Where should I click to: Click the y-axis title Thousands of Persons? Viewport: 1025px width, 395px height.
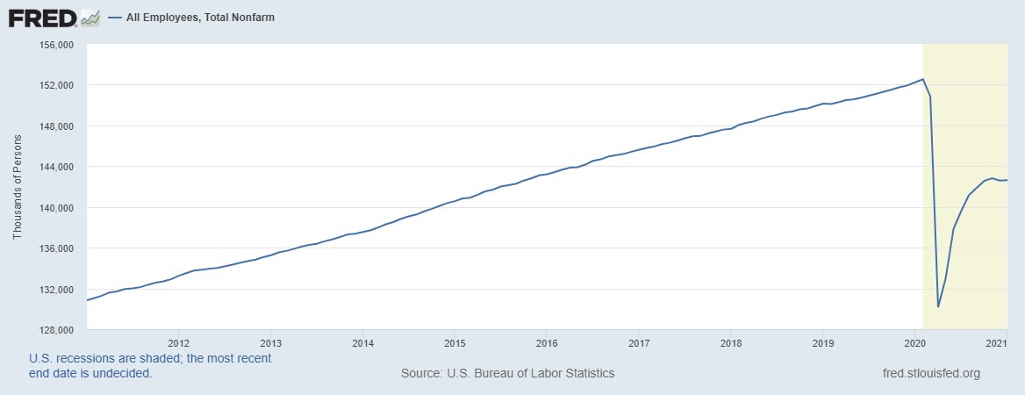click(x=18, y=186)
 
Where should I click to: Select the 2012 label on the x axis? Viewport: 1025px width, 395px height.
click(x=178, y=342)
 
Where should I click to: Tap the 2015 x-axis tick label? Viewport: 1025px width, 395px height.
click(x=455, y=342)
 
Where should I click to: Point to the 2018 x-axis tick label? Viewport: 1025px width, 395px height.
click(x=730, y=342)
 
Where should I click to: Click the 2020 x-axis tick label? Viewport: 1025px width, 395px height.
click(x=914, y=342)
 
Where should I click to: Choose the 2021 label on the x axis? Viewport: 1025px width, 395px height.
click(x=995, y=342)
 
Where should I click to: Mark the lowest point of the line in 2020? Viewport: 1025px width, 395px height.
click(x=938, y=306)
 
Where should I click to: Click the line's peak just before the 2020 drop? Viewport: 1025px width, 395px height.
click(x=922, y=79)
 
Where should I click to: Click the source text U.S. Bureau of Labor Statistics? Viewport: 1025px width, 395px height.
click(x=507, y=373)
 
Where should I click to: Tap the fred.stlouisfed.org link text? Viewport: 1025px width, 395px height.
click(x=930, y=373)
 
